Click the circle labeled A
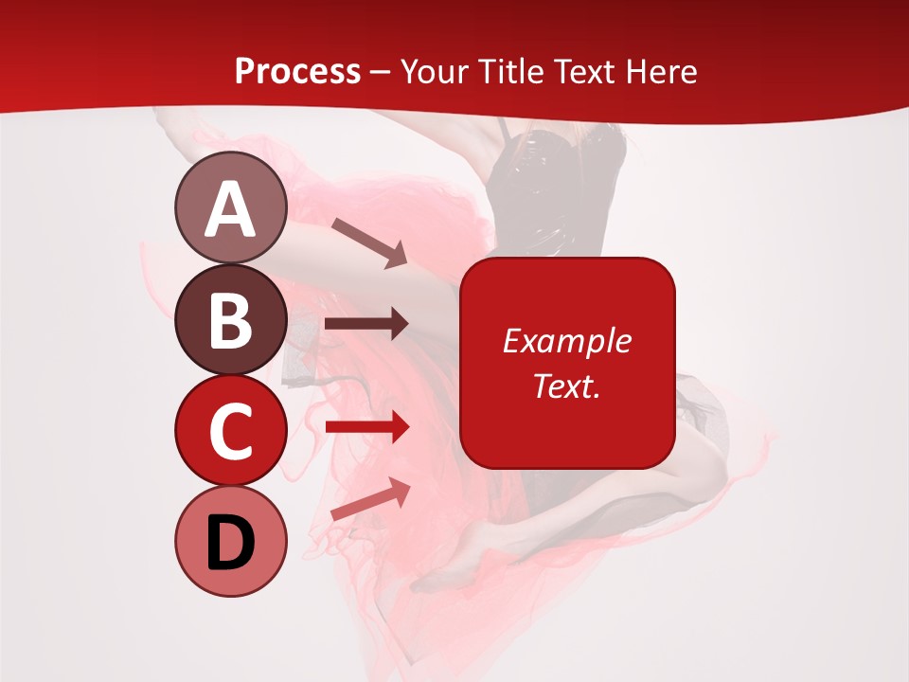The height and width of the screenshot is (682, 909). click(x=230, y=207)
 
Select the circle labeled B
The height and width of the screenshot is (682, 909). click(x=230, y=319)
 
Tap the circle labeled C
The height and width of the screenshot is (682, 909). click(x=230, y=430)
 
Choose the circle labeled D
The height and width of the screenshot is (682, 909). click(x=230, y=542)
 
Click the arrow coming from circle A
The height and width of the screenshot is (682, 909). click(x=369, y=242)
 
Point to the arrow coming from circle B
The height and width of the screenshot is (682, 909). click(x=366, y=324)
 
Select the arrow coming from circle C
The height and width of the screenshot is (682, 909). click(x=366, y=427)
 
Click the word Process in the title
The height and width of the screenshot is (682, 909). click(x=297, y=72)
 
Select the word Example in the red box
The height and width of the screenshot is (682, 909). click(x=566, y=341)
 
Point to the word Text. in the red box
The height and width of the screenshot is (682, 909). click(x=566, y=386)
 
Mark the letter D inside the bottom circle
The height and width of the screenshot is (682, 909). click(x=230, y=544)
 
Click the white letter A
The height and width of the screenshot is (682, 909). click(x=230, y=209)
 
